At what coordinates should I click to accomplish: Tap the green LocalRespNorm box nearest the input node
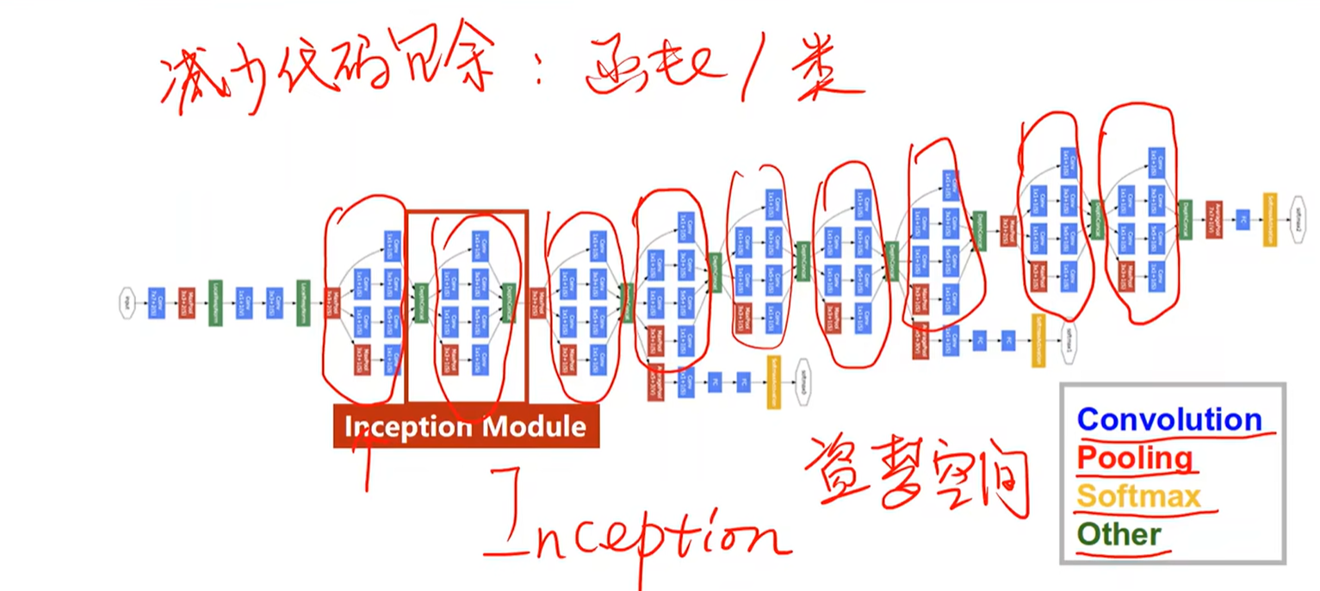point(214,302)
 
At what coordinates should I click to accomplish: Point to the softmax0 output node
point(803,375)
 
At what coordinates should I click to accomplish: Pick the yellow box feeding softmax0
point(773,382)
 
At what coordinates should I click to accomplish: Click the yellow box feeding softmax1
point(1038,339)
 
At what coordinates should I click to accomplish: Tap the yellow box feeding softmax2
point(1269,219)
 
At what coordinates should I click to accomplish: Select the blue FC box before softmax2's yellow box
point(1242,219)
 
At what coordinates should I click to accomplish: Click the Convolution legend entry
point(1168,420)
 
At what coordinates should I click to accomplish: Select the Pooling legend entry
point(1134,457)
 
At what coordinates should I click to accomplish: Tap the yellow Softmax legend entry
point(1138,496)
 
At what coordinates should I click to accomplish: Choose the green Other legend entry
point(1119,534)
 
